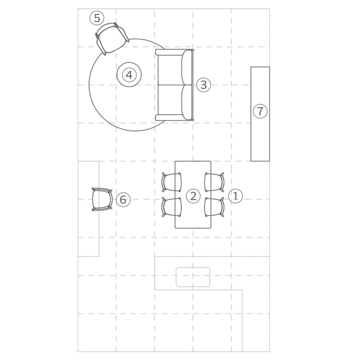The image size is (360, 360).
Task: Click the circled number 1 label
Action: [x=235, y=196]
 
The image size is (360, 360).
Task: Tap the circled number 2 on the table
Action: [x=193, y=196]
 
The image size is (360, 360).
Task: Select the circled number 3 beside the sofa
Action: [x=203, y=85]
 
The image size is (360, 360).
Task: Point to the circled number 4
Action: [x=129, y=75]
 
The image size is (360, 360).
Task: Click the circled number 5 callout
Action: [x=97, y=18]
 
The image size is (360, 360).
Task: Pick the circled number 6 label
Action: [x=123, y=199]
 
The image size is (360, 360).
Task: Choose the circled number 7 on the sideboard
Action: [x=260, y=111]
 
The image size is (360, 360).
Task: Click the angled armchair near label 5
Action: [x=112, y=39]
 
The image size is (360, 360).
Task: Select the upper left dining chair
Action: [x=171, y=182]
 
